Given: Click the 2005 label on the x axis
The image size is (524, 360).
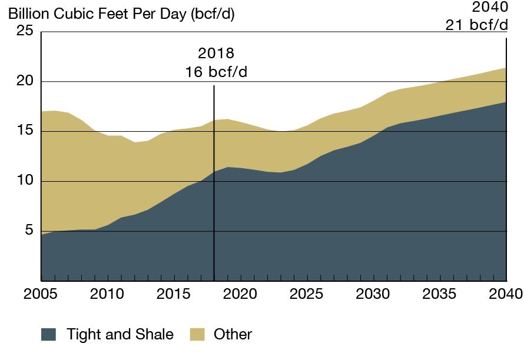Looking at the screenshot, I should coord(41,293).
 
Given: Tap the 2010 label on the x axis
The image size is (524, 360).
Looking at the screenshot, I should coord(107,293).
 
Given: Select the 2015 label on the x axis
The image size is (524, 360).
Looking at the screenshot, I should coord(174,293).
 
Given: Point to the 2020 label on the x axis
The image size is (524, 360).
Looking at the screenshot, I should coord(240,293).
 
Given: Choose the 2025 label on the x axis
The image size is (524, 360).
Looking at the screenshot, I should coord(307,293).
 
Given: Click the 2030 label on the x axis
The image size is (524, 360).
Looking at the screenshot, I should coord(373,293).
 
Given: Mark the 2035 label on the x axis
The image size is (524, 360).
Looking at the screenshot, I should coord(440,293).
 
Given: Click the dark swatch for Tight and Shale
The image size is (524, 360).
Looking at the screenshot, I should coord(48,335).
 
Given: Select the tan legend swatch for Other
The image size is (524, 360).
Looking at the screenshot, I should coord(197,335).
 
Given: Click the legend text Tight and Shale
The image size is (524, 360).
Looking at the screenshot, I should coord(120,335).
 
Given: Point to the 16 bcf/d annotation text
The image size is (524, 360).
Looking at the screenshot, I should coord(216,72).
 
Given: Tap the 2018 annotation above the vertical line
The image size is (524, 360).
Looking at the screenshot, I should coord(216,54).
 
